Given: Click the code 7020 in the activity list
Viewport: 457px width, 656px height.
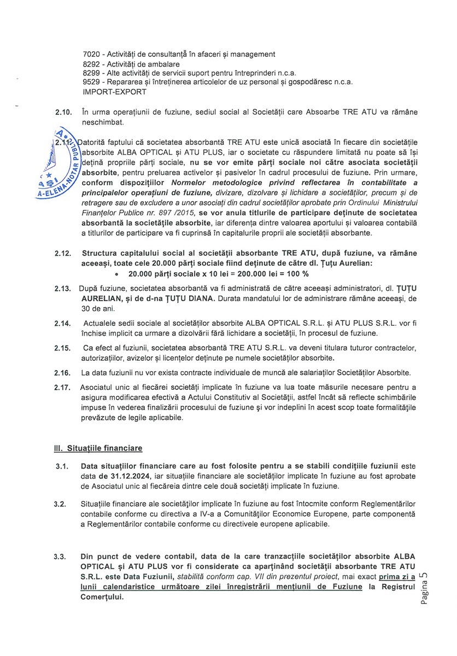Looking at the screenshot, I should point(91,54).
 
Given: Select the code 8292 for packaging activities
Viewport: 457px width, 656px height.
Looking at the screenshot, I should point(91,63).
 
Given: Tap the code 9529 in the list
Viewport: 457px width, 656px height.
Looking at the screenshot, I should point(91,82).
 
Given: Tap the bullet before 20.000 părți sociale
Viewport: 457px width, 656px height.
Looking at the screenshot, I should point(116,274).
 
